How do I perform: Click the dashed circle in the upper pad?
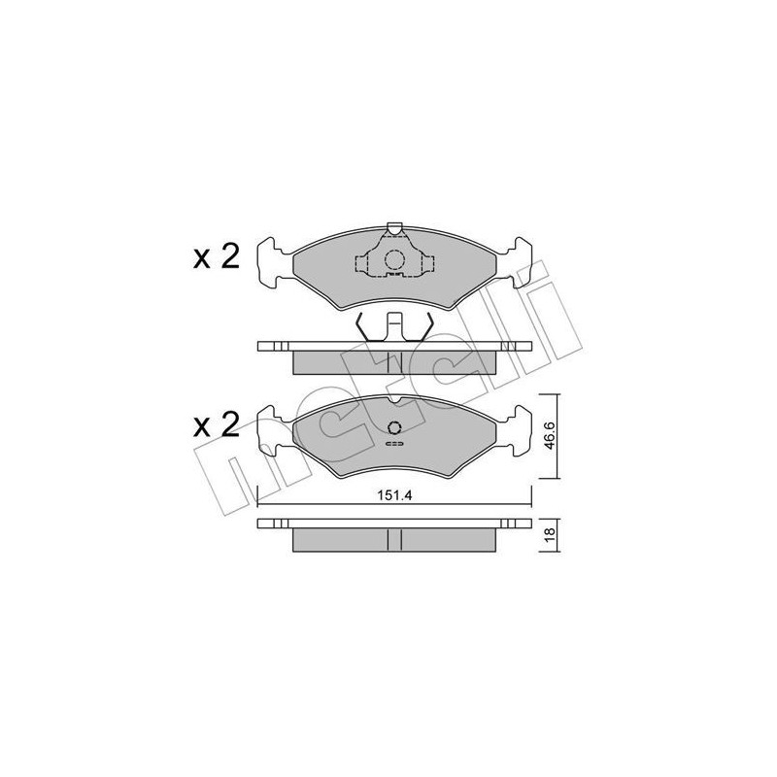tap(393, 260)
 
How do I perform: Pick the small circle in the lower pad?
tap(394, 429)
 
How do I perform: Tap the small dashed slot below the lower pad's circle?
tap(394, 446)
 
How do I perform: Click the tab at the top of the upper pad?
tap(393, 229)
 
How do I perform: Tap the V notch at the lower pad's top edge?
tap(393, 400)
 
